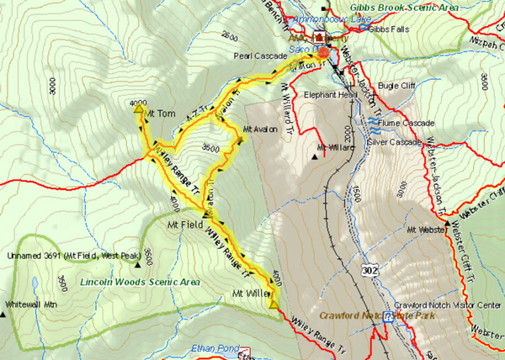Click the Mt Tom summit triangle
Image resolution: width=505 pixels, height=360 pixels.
pyautogui.click(x=138, y=108)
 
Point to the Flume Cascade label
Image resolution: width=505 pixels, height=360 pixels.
pyautogui.click(x=407, y=122)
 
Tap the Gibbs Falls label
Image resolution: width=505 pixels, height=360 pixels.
pyautogui.click(x=386, y=29)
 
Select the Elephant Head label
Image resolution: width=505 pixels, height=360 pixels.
pyautogui.click(x=325, y=94)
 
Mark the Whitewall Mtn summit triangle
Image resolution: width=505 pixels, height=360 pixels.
pyautogui.click(x=3, y=315)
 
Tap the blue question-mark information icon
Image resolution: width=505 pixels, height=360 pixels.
pyautogui.click(x=388, y=320)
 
